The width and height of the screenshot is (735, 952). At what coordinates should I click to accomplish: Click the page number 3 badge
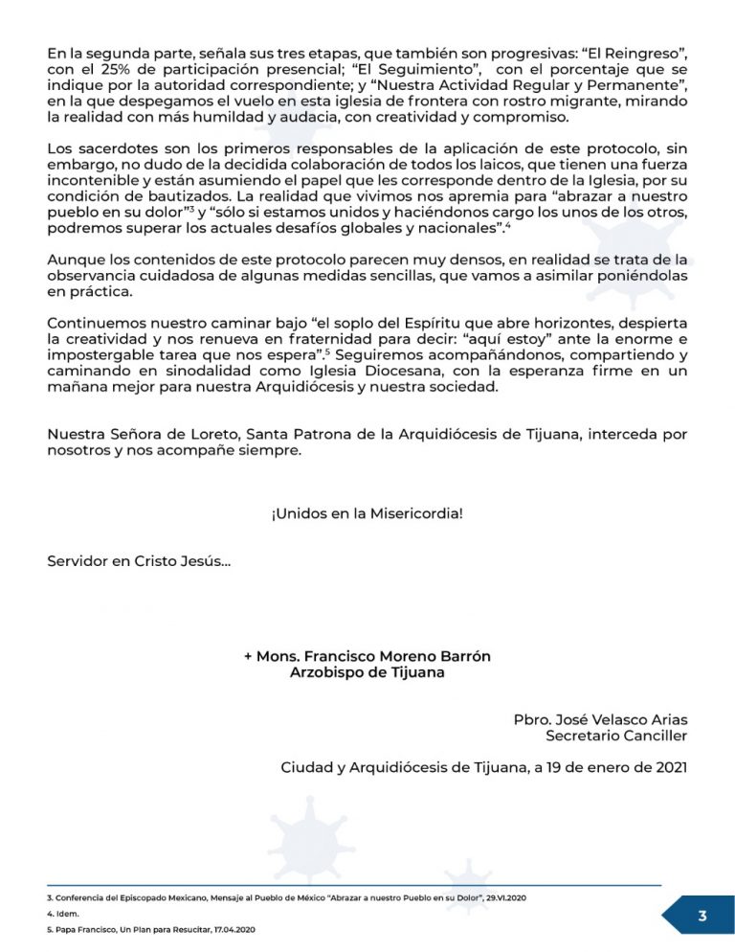coord(702,916)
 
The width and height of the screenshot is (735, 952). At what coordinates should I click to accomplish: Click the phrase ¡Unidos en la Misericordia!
coord(367,513)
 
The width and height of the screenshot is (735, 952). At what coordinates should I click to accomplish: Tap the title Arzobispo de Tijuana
coord(367,672)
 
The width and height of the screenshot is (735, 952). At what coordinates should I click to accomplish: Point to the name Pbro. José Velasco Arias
coord(600,719)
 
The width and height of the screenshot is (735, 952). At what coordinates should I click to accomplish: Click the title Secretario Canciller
coord(616,736)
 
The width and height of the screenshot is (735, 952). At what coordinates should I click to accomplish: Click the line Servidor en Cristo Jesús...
coord(139,561)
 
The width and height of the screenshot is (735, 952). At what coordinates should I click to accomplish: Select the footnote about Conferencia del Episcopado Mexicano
coord(287,896)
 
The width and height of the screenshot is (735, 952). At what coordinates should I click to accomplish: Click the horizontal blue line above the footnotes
coord(354,885)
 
